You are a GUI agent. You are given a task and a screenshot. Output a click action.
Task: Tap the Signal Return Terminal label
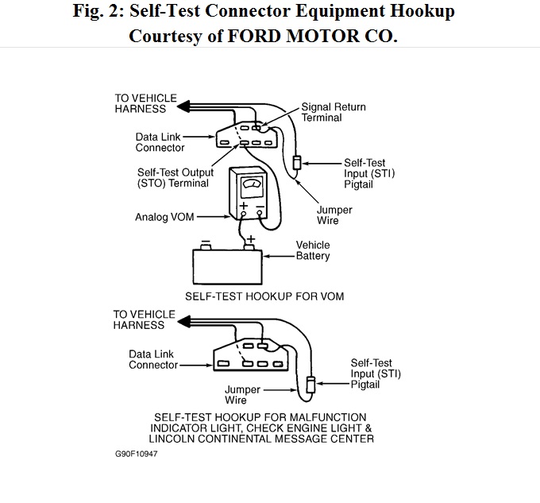click(334, 112)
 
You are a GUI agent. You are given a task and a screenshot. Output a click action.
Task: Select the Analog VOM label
click(164, 216)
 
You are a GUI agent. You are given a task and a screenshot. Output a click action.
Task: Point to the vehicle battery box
click(228, 267)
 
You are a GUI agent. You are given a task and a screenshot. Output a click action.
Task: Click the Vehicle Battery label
click(312, 250)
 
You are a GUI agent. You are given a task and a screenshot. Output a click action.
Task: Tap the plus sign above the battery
click(252, 238)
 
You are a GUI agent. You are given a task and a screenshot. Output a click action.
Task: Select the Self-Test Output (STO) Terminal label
click(173, 177)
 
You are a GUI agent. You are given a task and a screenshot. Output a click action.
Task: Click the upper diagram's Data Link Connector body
click(249, 135)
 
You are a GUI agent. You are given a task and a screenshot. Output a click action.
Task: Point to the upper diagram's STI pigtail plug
click(298, 163)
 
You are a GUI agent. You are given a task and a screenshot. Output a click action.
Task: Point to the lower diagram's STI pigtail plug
click(310, 384)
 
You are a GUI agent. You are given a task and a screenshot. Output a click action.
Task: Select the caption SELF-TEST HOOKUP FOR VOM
click(264, 296)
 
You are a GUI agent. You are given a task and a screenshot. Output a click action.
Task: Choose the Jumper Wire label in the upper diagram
click(334, 215)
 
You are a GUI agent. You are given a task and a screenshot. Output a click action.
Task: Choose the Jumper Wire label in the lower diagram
click(241, 395)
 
